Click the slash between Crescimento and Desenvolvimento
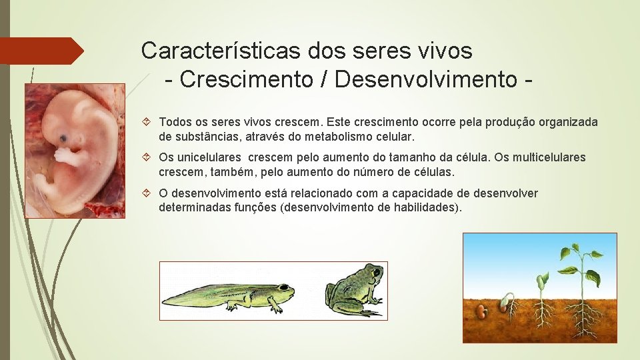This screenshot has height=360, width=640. (326, 79)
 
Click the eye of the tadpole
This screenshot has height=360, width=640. (283, 288)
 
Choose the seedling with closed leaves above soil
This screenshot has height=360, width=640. (543, 281)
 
